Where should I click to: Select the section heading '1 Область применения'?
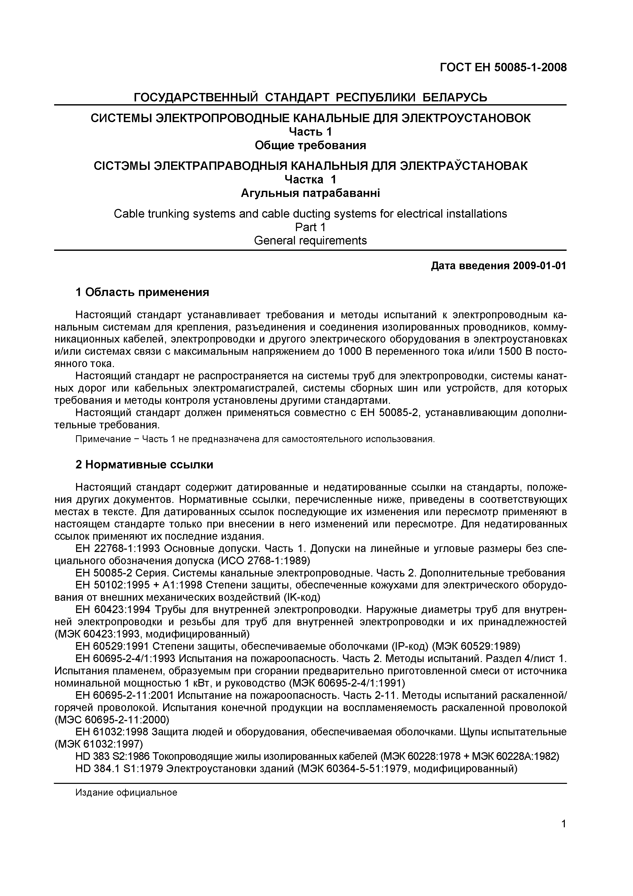click(142, 292)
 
